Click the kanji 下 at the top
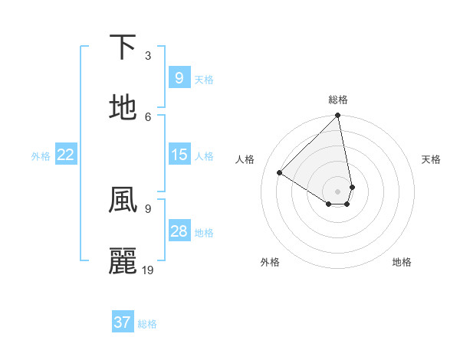coord(123,47)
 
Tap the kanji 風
coord(123,201)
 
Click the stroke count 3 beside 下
coord(148,55)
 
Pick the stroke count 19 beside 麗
coord(148,270)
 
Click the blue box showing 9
coord(179,77)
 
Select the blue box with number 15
coord(179,155)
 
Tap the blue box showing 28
coord(179,231)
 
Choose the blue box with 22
coord(66,155)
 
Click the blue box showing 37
coord(122,322)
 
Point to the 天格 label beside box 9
coord(204,79)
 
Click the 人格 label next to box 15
coord(204,156)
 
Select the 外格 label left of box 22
coord(41,156)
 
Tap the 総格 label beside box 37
coord(147,324)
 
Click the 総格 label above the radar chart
coord(338,100)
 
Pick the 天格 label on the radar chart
coord(431,159)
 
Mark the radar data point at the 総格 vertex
coord(337,116)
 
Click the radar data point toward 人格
coord(280,172)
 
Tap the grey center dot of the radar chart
coord(337,191)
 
